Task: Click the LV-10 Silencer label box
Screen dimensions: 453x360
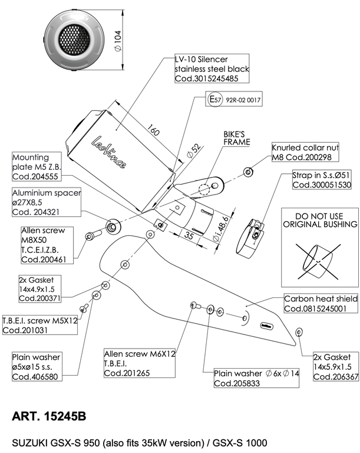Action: click(212, 68)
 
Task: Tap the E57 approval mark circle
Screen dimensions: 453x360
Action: click(214, 100)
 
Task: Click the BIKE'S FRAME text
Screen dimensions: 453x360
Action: click(236, 138)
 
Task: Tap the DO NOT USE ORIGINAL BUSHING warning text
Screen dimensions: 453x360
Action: click(319, 220)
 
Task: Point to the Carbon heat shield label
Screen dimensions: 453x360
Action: click(321, 303)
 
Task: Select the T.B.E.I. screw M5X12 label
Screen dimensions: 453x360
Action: click(40, 324)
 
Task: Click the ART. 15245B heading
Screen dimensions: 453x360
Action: click(49, 416)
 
